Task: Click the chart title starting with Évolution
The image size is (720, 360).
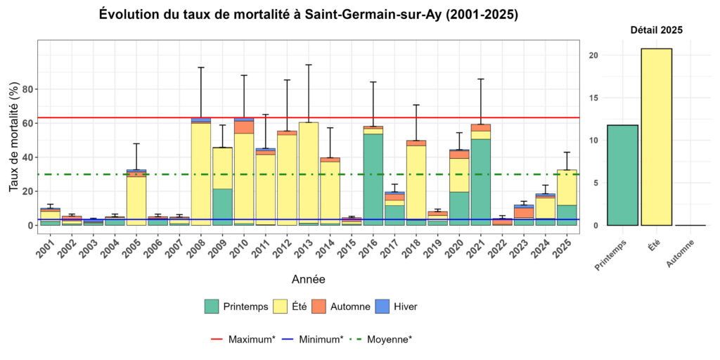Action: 308,14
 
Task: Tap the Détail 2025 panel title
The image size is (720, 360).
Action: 655,30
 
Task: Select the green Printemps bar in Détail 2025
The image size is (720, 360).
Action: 622,175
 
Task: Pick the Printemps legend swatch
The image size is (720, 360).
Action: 212,307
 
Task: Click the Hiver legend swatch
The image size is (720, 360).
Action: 380,307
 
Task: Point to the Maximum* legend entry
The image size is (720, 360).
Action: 243,340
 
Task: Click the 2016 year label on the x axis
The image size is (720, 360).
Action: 368,247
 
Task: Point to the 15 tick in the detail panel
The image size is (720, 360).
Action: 593,98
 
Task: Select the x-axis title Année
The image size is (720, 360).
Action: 308,280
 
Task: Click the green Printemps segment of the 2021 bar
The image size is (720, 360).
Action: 481,182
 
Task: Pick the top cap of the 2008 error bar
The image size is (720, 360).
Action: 201,67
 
